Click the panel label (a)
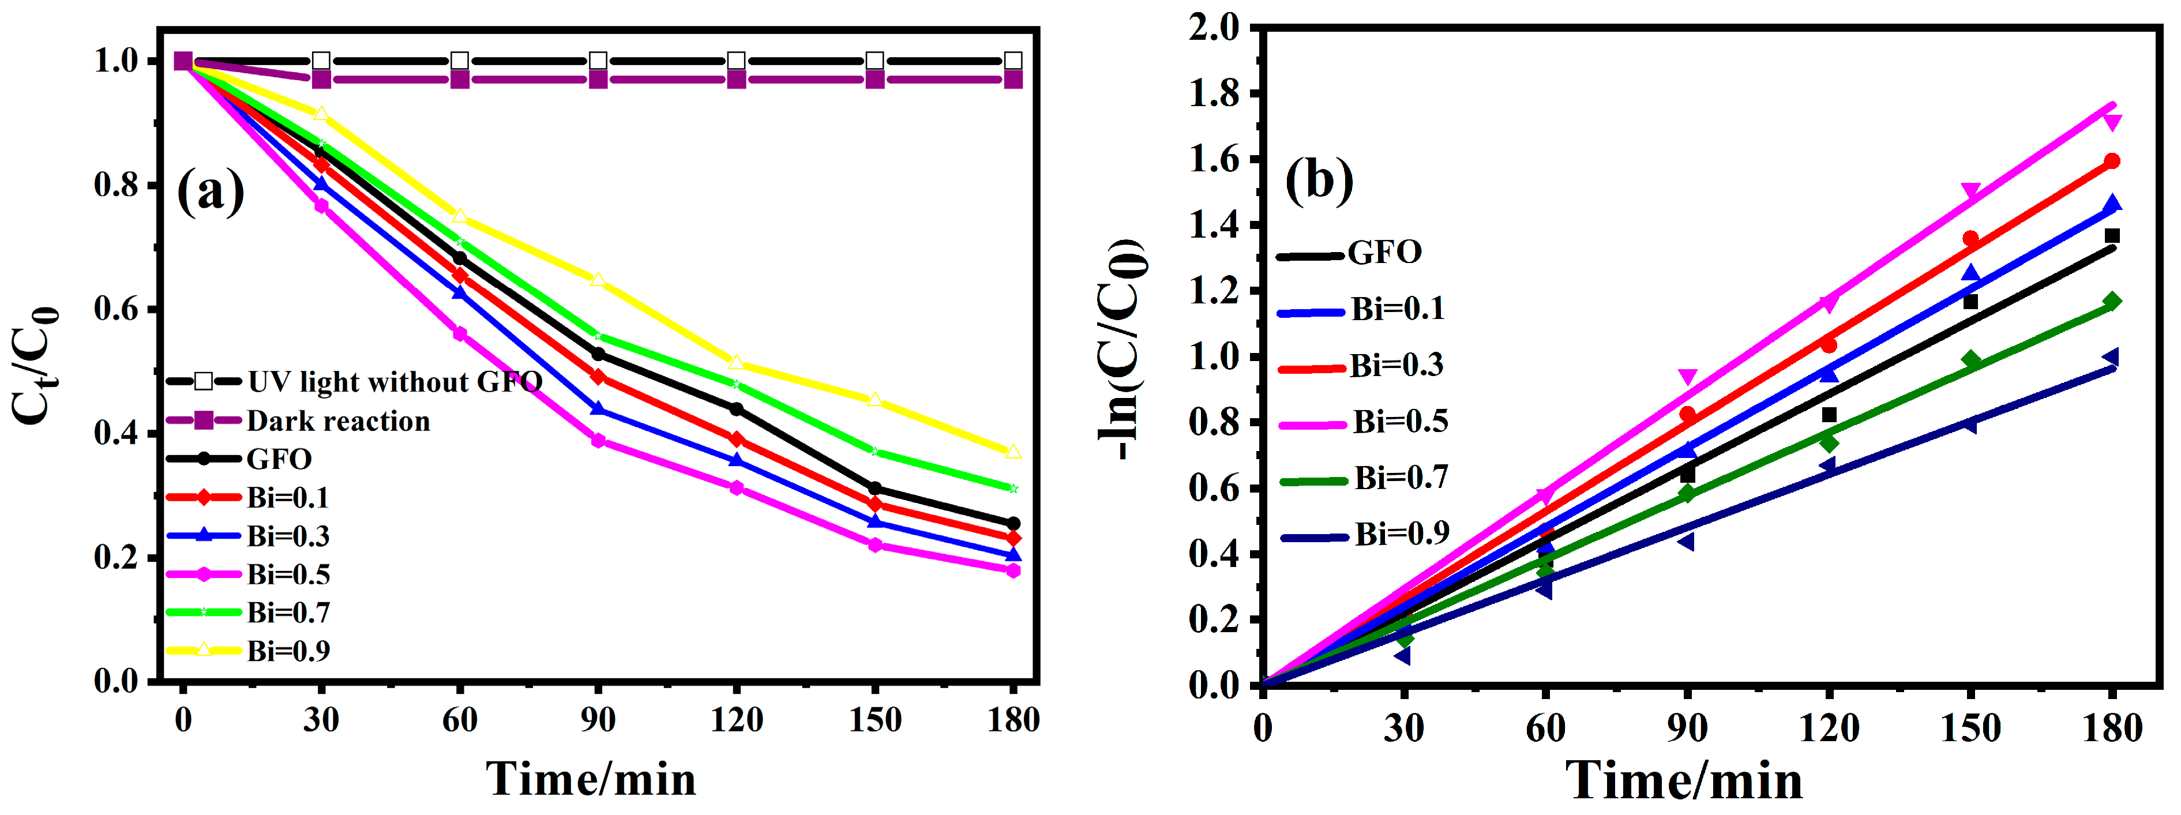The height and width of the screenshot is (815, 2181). coord(211,191)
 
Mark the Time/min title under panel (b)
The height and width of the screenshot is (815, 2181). coord(1684,779)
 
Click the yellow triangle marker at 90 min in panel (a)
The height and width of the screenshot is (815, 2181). coord(598,280)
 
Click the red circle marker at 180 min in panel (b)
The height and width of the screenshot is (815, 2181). coord(2112,161)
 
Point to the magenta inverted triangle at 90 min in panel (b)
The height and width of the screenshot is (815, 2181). coord(1687,377)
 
